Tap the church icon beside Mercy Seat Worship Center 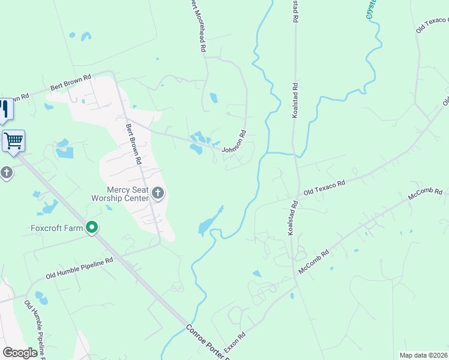coord(158,193)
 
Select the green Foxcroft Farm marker coord(92,228)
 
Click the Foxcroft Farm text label coord(56,228)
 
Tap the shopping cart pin coord(13,142)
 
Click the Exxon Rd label coord(235,343)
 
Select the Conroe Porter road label coord(208,341)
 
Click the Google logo coord(20,353)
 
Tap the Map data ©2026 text coord(423,355)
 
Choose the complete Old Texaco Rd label coord(324,187)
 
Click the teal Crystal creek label coord(372,9)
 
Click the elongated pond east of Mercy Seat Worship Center coord(210,221)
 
